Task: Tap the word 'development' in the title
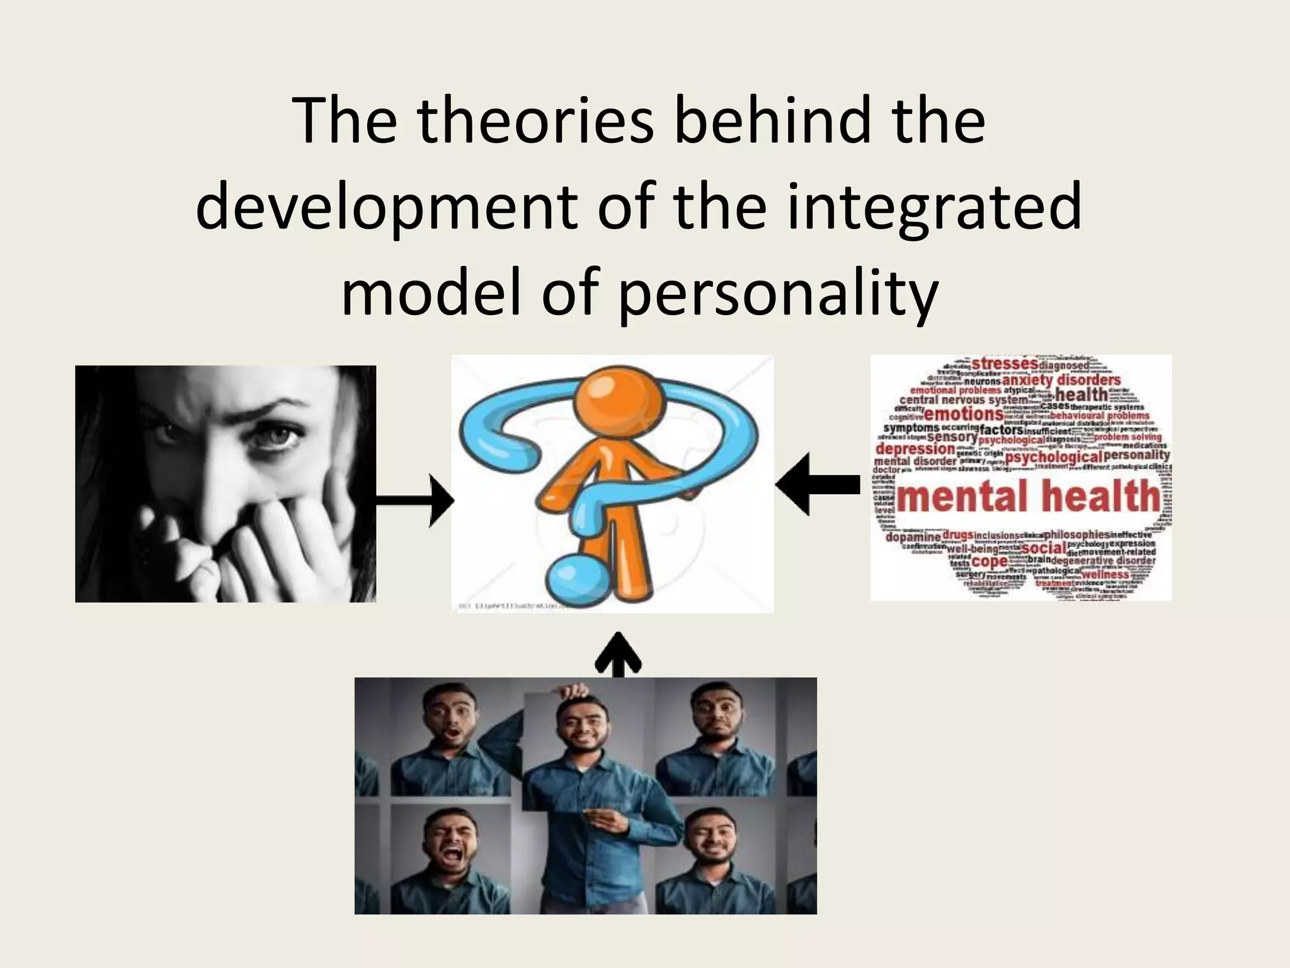[x=386, y=206]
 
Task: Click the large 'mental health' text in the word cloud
[x=1028, y=496]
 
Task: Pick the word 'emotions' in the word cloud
[x=963, y=414]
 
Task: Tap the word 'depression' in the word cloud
[x=915, y=449]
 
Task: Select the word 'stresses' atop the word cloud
[x=1005, y=364]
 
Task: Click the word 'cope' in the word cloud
[x=989, y=561]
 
